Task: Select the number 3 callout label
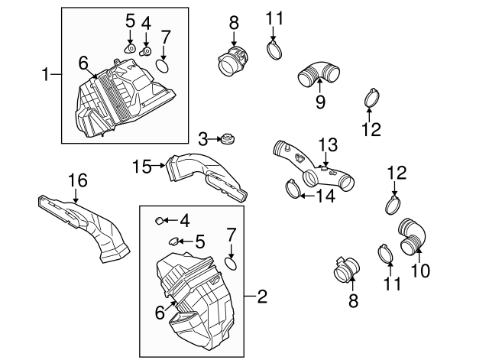click(202, 138)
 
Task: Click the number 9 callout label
click(319, 101)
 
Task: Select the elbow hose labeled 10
click(412, 234)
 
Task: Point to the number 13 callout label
click(327, 143)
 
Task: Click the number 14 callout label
click(326, 195)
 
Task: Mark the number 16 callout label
click(78, 180)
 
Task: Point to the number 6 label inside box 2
click(160, 313)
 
